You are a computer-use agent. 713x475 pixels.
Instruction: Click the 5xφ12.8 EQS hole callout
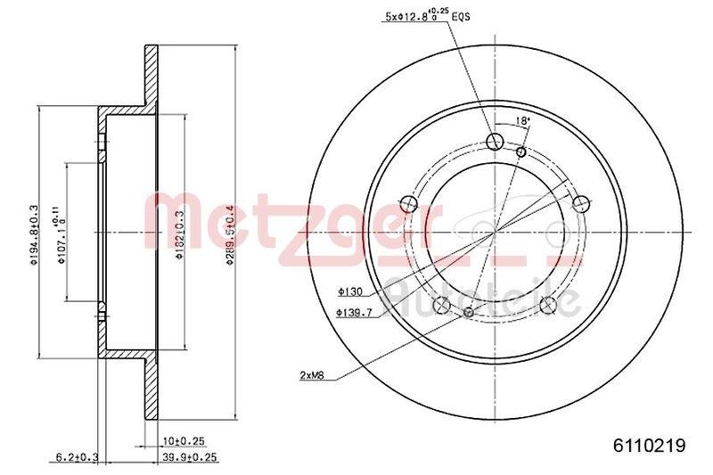tap(412, 15)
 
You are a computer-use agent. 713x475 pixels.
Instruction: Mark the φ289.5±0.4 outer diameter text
tap(230, 233)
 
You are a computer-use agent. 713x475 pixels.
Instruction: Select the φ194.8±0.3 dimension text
tap(34, 233)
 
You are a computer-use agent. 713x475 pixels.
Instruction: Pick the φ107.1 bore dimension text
tap(61, 233)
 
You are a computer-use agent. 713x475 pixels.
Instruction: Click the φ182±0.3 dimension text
tap(178, 233)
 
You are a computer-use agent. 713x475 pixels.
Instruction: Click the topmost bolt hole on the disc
tap(496, 139)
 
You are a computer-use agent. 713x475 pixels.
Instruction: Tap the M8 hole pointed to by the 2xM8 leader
tap(470, 312)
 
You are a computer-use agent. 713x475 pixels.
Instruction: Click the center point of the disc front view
tap(496, 233)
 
